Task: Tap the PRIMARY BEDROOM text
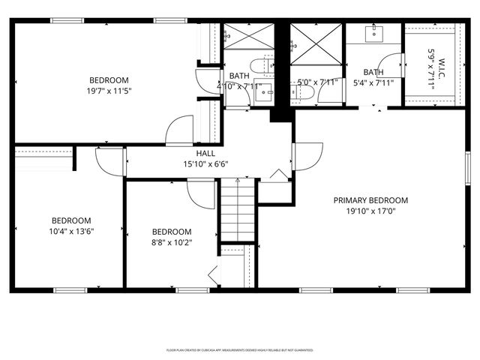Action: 370,200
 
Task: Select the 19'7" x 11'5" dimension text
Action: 109,91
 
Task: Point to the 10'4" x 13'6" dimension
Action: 71,231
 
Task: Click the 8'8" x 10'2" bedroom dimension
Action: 171,242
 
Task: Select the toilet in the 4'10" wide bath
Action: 261,65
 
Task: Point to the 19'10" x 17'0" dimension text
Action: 370,211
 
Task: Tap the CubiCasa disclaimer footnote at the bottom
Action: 239,349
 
